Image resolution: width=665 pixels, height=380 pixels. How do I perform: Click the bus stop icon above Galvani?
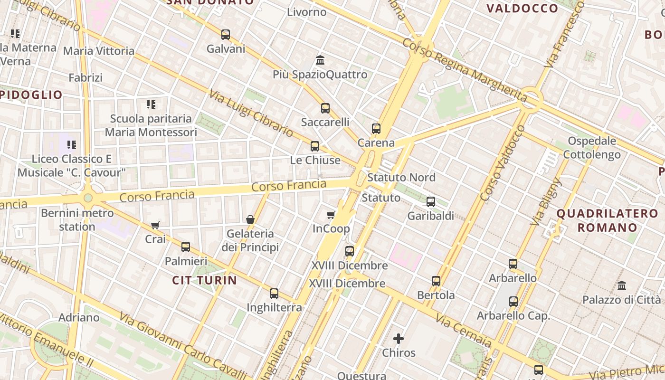click(226, 35)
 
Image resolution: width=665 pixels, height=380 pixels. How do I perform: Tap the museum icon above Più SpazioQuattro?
click(320, 60)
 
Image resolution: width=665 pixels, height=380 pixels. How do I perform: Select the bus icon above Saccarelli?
click(325, 108)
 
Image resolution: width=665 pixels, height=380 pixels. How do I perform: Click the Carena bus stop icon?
click(376, 129)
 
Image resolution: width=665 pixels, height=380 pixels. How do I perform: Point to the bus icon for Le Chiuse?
click(315, 146)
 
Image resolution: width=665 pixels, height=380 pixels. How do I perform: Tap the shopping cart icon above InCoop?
click(331, 215)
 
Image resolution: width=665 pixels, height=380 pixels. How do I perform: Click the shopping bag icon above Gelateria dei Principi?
click(250, 219)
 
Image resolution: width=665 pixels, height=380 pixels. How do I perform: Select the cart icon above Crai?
click(155, 225)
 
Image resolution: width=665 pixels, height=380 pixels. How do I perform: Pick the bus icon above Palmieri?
click(186, 247)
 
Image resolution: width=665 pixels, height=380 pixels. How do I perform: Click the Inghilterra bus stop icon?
click(274, 294)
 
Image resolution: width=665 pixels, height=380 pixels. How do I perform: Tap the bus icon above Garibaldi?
click(431, 202)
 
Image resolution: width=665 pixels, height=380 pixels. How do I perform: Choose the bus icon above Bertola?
click(436, 281)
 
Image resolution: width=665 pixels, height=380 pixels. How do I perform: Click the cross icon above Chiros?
click(399, 339)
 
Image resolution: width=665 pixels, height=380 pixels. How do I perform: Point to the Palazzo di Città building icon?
click(622, 286)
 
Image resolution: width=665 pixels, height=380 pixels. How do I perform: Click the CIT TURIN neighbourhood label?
click(204, 280)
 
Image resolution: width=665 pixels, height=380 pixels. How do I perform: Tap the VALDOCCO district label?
click(522, 9)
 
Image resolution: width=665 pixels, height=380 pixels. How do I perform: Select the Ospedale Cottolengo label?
click(592, 148)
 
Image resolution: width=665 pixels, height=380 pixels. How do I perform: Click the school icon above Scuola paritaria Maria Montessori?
click(151, 104)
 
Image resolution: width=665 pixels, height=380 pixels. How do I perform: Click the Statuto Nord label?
click(401, 178)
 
